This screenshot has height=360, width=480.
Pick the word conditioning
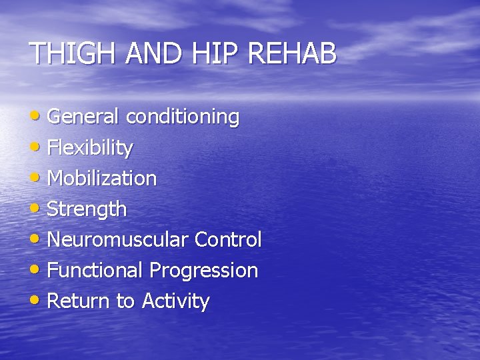[182, 117]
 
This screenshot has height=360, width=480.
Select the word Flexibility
[90, 148]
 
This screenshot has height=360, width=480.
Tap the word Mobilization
[102, 178]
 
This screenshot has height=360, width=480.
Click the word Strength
[87, 209]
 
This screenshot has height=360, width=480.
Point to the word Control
[228, 239]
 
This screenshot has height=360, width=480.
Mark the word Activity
[175, 301]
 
